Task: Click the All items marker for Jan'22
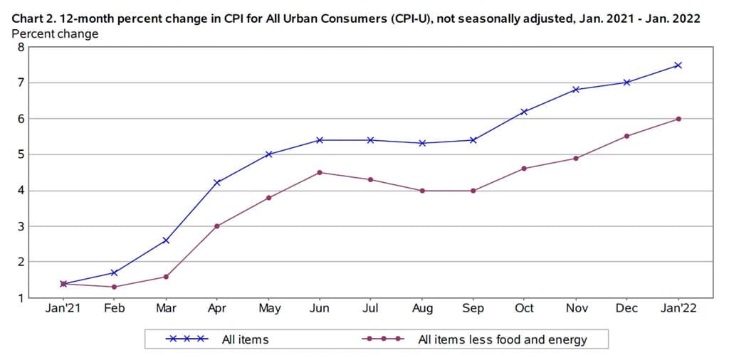click(678, 65)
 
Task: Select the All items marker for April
click(217, 183)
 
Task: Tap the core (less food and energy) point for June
click(320, 172)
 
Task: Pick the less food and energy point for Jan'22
click(678, 119)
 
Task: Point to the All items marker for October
click(524, 112)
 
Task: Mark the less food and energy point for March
click(166, 276)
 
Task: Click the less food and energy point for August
click(422, 191)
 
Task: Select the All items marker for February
click(115, 272)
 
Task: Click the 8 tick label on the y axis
click(21, 47)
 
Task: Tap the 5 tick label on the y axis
click(21, 154)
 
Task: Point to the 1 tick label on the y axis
click(21, 297)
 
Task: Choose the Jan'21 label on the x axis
click(63, 309)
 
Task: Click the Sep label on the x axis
click(473, 309)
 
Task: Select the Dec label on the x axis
click(626, 309)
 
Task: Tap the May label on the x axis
click(268, 309)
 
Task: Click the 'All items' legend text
click(245, 339)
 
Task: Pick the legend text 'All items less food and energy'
click(502, 339)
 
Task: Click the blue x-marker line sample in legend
click(187, 339)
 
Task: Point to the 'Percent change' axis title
click(55, 34)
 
